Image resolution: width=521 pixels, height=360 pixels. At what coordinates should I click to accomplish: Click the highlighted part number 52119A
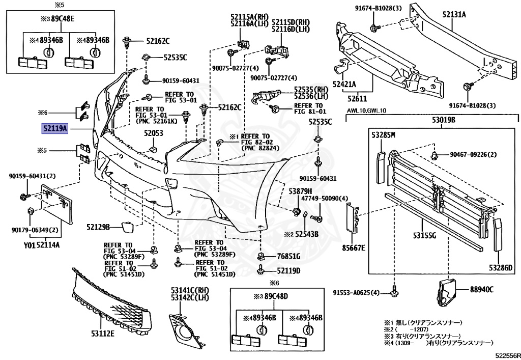click(x=54, y=129)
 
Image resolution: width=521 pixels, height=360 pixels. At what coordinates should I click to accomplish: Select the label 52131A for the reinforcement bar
click(x=453, y=15)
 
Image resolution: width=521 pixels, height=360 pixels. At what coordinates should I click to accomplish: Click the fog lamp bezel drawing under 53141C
click(x=184, y=326)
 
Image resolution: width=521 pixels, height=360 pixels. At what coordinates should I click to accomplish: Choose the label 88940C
click(x=481, y=290)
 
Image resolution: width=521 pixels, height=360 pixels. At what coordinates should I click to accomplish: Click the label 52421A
click(x=344, y=84)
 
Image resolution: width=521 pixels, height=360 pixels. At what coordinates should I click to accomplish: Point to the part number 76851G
click(x=288, y=256)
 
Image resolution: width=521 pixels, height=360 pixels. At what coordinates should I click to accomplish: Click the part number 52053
click(x=153, y=134)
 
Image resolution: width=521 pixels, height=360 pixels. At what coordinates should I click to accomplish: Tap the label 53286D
click(x=501, y=267)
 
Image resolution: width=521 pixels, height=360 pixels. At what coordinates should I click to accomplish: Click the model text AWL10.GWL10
click(x=367, y=110)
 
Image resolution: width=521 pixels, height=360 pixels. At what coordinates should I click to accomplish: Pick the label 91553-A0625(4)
click(x=356, y=292)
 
